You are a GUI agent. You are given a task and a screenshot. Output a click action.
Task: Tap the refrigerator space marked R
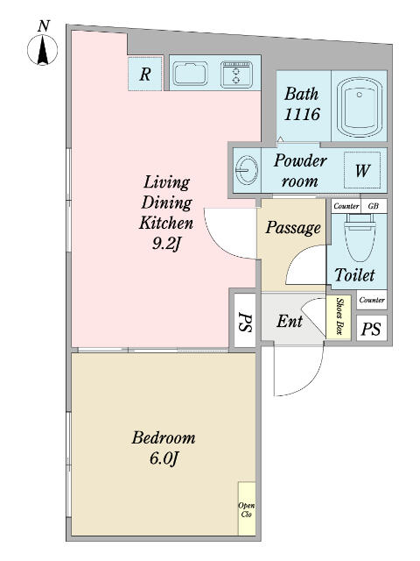(145, 74)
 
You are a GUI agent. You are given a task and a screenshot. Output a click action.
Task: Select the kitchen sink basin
(190, 75)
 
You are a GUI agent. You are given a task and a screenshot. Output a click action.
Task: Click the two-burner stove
(236, 75)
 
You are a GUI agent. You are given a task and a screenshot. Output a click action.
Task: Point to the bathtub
(360, 106)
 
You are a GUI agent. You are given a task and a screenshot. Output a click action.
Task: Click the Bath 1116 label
(302, 104)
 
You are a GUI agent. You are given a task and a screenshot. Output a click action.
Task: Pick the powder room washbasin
(247, 169)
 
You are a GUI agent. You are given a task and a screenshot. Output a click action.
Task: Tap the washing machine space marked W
(362, 170)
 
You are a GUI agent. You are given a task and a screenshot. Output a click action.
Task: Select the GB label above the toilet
(374, 206)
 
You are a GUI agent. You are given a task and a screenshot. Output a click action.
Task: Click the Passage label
(293, 228)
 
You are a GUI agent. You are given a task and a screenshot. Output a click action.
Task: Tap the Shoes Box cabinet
(339, 317)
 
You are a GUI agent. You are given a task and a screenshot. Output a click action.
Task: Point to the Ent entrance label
(290, 322)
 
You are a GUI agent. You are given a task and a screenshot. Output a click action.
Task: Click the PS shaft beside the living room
(245, 319)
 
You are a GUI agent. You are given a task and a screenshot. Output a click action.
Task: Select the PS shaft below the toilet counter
(371, 328)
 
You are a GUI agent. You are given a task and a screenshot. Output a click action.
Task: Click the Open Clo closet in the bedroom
(247, 508)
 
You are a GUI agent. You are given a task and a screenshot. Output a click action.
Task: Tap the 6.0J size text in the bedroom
(163, 458)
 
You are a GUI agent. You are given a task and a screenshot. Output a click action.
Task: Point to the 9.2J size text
(165, 244)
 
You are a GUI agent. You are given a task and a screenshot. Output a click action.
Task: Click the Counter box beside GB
(346, 206)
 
